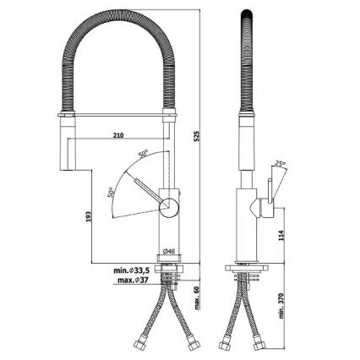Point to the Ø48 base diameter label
pos(168,251)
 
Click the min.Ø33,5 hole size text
pos(134,270)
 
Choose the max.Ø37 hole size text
pos(135,280)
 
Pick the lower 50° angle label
pos(110,193)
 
